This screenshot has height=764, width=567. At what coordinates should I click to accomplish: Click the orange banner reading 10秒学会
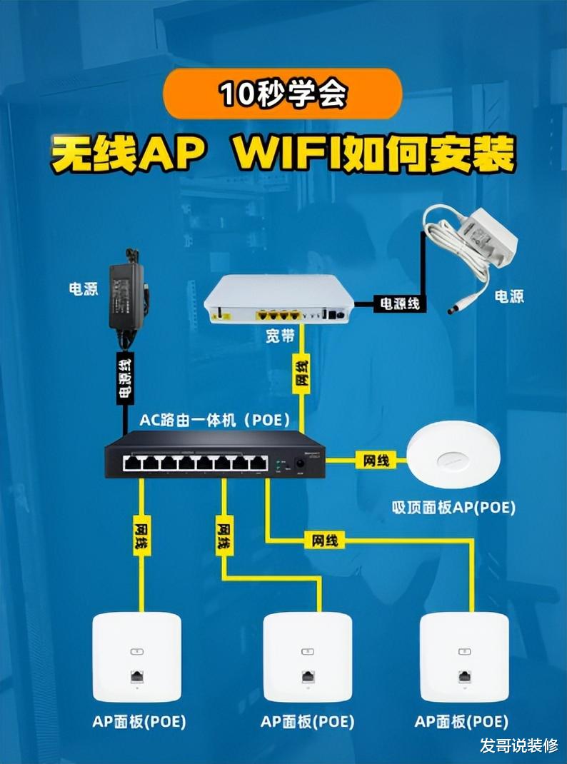pos(283,94)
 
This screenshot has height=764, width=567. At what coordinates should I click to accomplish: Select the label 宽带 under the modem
pos(280,336)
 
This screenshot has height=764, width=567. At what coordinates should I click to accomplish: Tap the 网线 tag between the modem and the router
pos(302,373)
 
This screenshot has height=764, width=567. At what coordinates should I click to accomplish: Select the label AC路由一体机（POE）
pos(215,420)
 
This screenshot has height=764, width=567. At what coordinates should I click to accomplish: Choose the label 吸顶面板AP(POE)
pos(453,508)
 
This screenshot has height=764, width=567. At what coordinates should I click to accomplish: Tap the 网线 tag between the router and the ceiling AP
pos(376,460)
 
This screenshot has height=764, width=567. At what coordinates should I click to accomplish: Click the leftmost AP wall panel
pos(137,657)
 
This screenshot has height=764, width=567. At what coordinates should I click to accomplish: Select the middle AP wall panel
pos(307,657)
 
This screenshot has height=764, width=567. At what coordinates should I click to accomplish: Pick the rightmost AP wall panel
pos(464,657)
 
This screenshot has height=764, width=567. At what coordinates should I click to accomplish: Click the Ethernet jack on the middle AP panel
pos(307,677)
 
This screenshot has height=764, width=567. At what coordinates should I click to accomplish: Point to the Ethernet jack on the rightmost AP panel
pos(464,677)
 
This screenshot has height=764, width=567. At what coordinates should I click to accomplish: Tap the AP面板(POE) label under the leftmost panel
pos(139,722)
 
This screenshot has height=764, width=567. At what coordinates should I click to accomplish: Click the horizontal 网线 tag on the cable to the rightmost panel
pos(324,541)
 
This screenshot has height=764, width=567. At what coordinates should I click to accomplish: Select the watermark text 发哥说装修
pos(518,745)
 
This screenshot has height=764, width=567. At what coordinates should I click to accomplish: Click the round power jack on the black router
pos(300,463)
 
